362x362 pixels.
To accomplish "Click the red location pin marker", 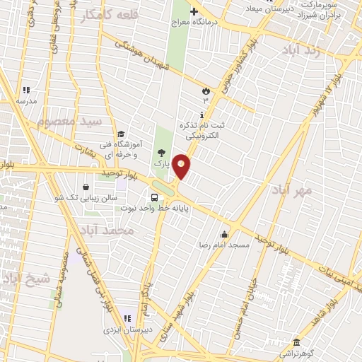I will (182, 166).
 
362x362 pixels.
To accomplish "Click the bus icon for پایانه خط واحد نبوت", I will (153, 198).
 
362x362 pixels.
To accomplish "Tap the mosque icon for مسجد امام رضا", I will (225, 235).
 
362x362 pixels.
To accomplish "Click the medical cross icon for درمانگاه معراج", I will (194, 11).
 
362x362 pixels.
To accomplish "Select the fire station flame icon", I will (206, 90).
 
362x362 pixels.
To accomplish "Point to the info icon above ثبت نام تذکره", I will (203, 115).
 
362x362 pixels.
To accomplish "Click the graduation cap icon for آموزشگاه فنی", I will (122, 134).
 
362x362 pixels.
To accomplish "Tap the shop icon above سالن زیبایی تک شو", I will (86, 187).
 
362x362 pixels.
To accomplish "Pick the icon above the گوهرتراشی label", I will (297, 343).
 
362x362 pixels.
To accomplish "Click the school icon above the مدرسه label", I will (26, 90).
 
